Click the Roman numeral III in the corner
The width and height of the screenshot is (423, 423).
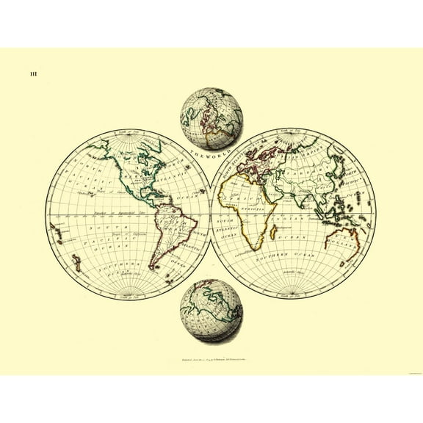(x=34, y=73)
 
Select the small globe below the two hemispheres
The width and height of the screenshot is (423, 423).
(x=211, y=311)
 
